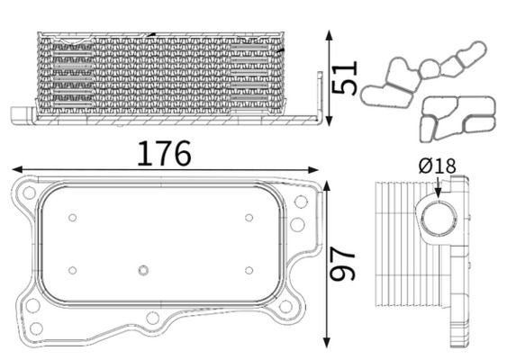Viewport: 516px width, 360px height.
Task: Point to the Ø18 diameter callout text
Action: [x=438, y=166]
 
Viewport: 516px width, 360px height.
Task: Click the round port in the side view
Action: [x=438, y=218]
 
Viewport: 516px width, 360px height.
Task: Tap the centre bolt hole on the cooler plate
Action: [x=142, y=270]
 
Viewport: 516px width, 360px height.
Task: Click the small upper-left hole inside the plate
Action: [x=73, y=217]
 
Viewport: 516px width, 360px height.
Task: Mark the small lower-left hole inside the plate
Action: [x=73, y=270]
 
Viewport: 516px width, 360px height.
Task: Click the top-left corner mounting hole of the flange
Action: [x=30, y=192]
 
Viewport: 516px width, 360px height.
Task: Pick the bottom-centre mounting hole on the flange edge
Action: [x=153, y=317]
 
